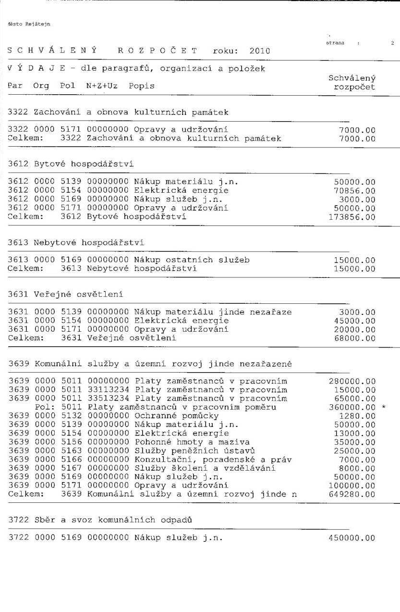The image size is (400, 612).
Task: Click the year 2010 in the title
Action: click(x=259, y=50)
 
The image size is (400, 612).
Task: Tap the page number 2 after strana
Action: click(x=392, y=43)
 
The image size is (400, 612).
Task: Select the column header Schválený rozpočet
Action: click(x=352, y=82)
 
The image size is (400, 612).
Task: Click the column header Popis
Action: click(x=142, y=86)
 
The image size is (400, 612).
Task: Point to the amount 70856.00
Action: click(x=354, y=191)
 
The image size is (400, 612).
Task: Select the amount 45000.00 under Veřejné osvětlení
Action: click(x=354, y=321)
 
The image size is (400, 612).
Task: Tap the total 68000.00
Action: click(x=354, y=338)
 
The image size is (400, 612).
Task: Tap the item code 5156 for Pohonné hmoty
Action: click(x=71, y=442)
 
